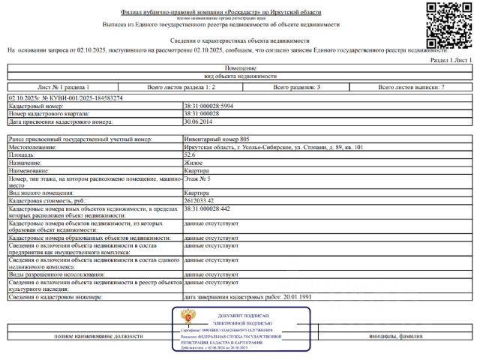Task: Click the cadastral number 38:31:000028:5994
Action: point(208,106)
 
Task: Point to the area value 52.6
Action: point(190,154)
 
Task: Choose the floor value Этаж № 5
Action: point(197,180)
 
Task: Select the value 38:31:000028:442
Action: point(207,211)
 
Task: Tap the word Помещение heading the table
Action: point(240,67)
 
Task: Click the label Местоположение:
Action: point(32,147)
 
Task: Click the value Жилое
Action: point(192,162)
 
